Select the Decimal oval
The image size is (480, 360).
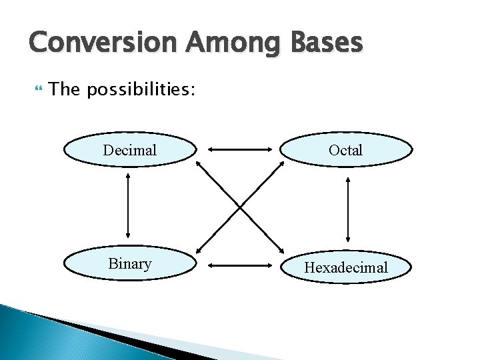130,150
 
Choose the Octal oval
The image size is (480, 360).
345,150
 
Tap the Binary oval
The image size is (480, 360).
130,264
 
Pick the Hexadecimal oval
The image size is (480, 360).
345,267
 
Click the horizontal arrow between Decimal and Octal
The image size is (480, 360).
238,150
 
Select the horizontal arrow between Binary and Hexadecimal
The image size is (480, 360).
238,266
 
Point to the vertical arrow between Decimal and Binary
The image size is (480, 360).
128,206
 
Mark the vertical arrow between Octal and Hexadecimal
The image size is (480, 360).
347,208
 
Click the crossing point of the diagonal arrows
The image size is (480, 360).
240,206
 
